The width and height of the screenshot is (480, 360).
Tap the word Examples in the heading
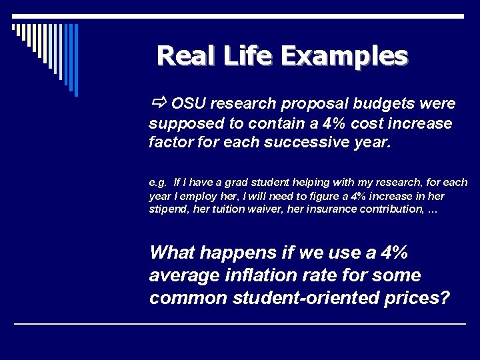pos(343,55)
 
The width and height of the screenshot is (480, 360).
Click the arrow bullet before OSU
pos(158,103)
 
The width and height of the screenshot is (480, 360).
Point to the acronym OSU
pos(189,104)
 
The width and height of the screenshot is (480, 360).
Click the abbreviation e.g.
pos(158,183)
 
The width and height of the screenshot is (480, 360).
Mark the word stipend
pos(167,209)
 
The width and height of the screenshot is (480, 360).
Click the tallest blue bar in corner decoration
pos(76,60)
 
